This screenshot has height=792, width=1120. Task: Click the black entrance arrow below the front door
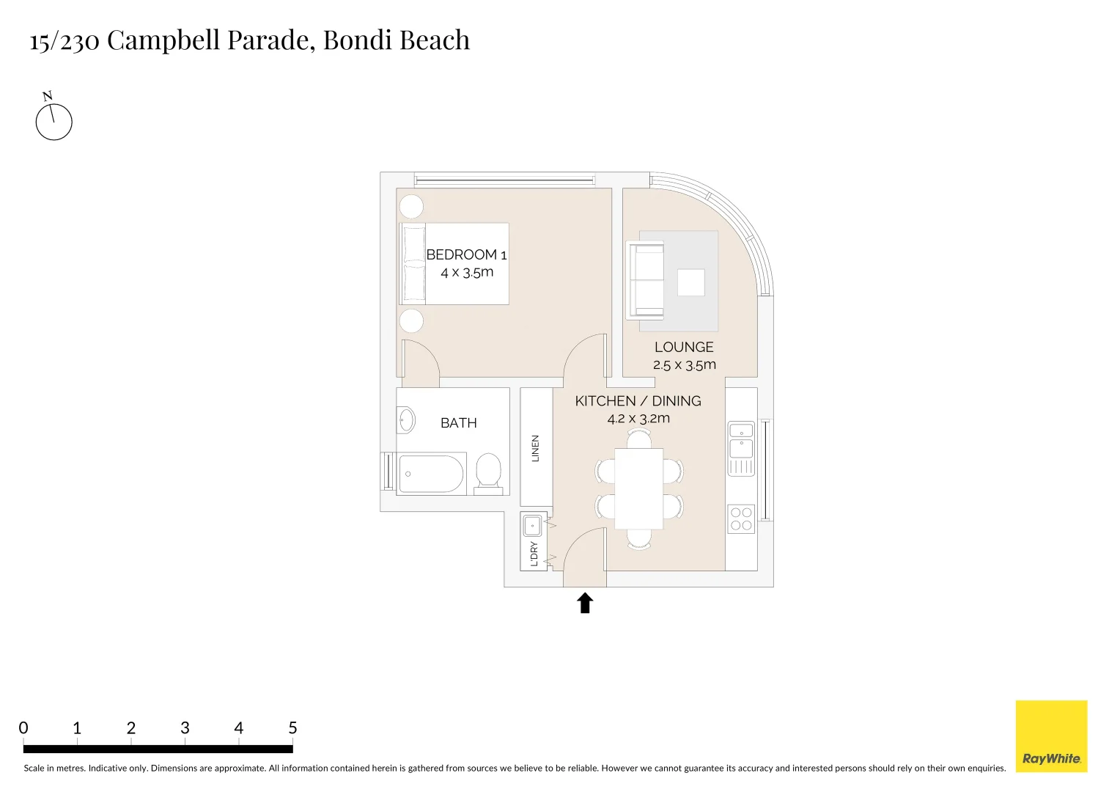click(x=585, y=603)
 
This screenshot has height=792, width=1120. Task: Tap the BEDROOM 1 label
click(x=466, y=255)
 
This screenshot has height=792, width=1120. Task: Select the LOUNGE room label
click(x=684, y=348)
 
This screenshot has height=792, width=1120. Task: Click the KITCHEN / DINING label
click(x=638, y=401)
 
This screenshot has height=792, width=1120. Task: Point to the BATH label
click(x=459, y=423)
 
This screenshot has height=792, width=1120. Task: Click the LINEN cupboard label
click(x=536, y=448)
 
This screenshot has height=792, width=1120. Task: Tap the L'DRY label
click(x=534, y=554)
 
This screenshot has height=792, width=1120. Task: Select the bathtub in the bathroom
click(x=432, y=474)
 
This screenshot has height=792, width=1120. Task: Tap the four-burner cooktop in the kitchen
click(x=741, y=519)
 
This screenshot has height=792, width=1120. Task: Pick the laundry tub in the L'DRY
click(x=533, y=526)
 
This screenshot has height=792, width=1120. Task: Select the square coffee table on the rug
click(x=690, y=282)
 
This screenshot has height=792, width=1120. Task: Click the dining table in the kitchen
click(x=638, y=488)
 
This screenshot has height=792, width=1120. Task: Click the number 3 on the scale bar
click(x=185, y=728)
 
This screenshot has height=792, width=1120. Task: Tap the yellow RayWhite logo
click(x=1051, y=736)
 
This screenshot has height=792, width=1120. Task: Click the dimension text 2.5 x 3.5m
click(x=685, y=365)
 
